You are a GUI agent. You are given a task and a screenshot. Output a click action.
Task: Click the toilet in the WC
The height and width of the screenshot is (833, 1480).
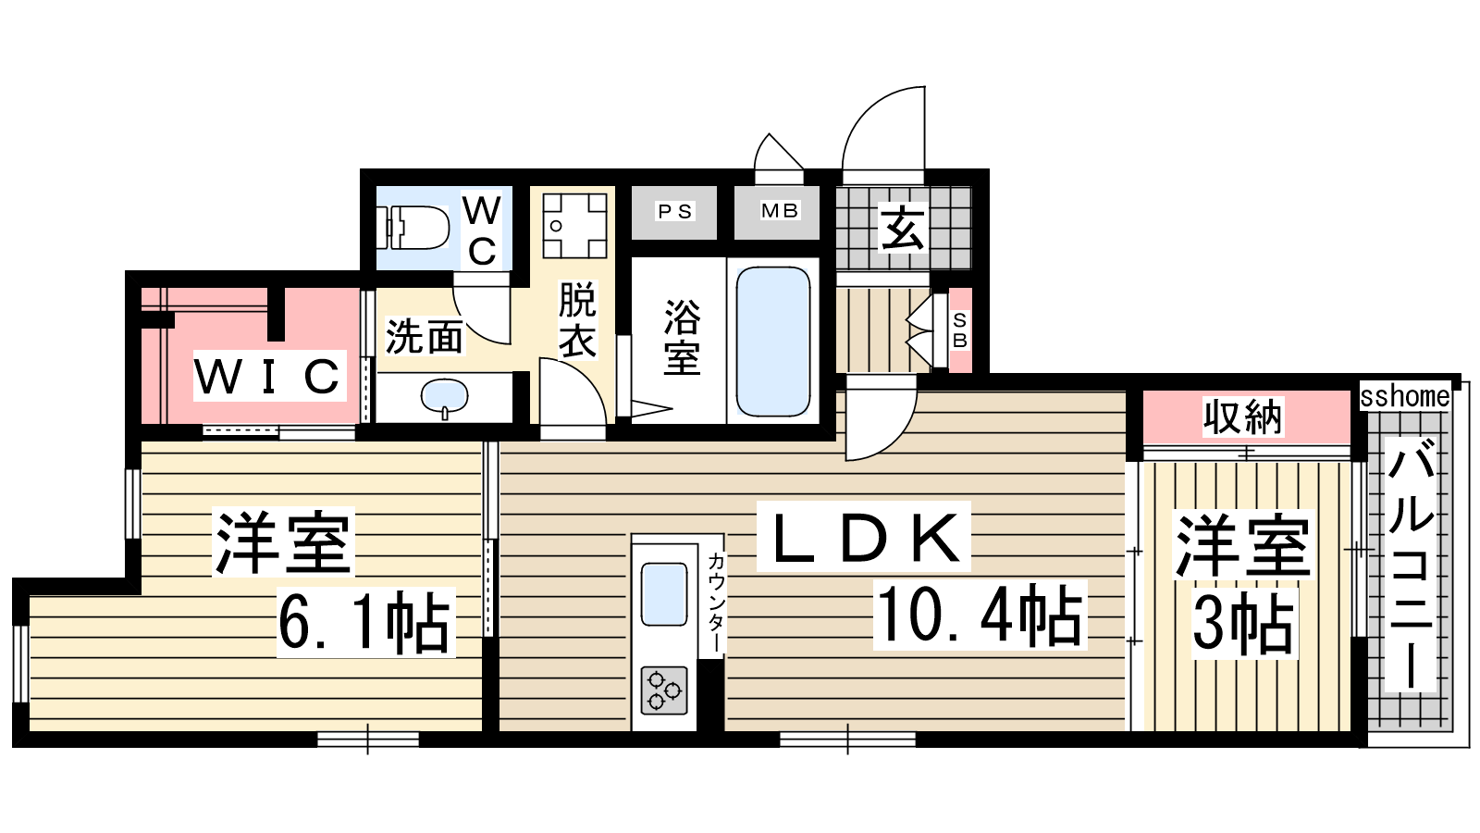pyautogui.click(x=413, y=228)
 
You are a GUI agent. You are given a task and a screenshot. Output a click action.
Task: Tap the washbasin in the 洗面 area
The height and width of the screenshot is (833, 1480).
pyautogui.click(x=445, y=398)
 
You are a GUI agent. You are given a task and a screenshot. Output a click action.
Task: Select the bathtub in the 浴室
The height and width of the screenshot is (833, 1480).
pyautogui.click(x=773, y=342)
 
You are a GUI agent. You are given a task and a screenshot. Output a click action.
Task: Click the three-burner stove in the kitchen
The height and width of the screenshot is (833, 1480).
pyautogui.click(x=664, y=690)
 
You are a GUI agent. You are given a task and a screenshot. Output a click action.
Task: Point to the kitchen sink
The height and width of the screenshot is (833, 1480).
pyautogui.click(x=664, y=593)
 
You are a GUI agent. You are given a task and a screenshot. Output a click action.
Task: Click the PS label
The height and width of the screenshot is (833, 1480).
pyautogui.click(x=674, y=212)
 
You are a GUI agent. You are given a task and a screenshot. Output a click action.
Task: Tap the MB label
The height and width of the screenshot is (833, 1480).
pyautogui.click(x=780, y=211)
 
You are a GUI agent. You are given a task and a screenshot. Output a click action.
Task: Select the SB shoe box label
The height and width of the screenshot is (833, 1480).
pyautogui.click(x=960, y=330)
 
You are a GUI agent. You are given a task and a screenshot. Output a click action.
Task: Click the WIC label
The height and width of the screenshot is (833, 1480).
pyautogui.click(x=269, y=376)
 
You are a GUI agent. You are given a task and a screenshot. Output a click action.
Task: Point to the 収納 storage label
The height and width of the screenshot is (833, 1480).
pyautogui.click(x=1243, y=417)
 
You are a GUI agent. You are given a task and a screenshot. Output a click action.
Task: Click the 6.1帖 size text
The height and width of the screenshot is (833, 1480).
pyautogui.click(x=365, y=622)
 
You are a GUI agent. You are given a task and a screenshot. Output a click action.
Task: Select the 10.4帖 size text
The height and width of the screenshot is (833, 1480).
pyautogui.click(x=980, y=615)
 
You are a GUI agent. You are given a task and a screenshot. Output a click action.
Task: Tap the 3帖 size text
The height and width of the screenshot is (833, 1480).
pyautogui.click(x=1244, y=624)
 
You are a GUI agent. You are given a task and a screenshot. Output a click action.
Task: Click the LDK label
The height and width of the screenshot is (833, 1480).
pyautogui.click(x=864, y=537)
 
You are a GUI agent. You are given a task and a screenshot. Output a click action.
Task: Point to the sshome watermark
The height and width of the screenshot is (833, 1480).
pyautogui.click(x=1405, y=396)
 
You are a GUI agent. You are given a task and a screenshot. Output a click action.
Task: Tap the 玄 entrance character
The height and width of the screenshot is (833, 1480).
pyautogui.click(x=903, y=228)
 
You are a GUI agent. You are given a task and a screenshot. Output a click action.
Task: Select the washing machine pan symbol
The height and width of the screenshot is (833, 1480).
pyautogui.click(x=574, y=226)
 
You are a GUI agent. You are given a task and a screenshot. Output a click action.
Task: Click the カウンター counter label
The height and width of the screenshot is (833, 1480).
pyautogui.click(x=716, y=603)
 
